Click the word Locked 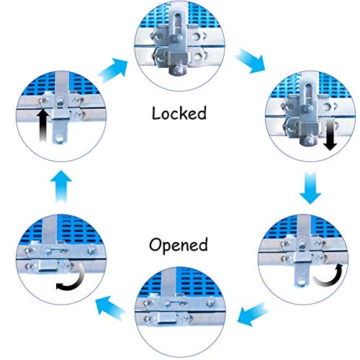pos(179,113)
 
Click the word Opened pos(179,245)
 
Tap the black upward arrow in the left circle pos(42,125)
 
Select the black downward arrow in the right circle pos(330,135)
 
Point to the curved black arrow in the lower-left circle pos(72,279)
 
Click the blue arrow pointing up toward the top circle pos(113,70)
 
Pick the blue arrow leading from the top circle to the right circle pos(251,60)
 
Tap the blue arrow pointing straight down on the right pos(310,187)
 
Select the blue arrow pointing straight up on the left pos(61,186)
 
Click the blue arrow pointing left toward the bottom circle pos(253,315)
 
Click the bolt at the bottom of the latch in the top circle pos(177,70)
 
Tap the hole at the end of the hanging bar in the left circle pos(60,139)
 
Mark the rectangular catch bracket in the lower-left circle pos(48,266)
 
